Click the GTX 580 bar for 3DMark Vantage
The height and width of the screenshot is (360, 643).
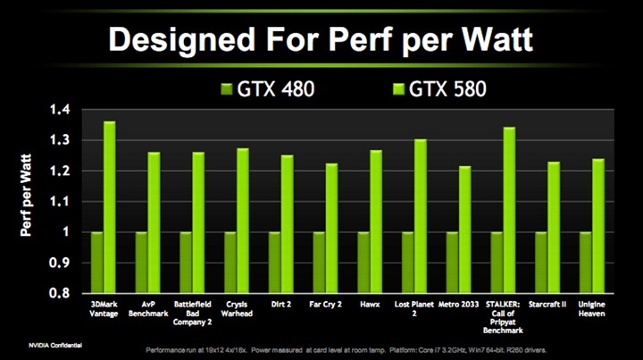(x=110, y=206)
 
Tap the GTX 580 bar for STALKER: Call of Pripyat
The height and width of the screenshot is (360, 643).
(x=510, y=209)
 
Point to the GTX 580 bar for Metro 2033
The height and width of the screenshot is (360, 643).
(x=465, y=229)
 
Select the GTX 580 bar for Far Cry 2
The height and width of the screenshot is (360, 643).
(x=332, y=228)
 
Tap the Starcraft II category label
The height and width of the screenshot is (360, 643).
(x=547, y=305)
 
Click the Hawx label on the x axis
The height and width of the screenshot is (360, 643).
(x=370, y=305)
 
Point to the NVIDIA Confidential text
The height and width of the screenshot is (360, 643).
(x=34, y=343)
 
